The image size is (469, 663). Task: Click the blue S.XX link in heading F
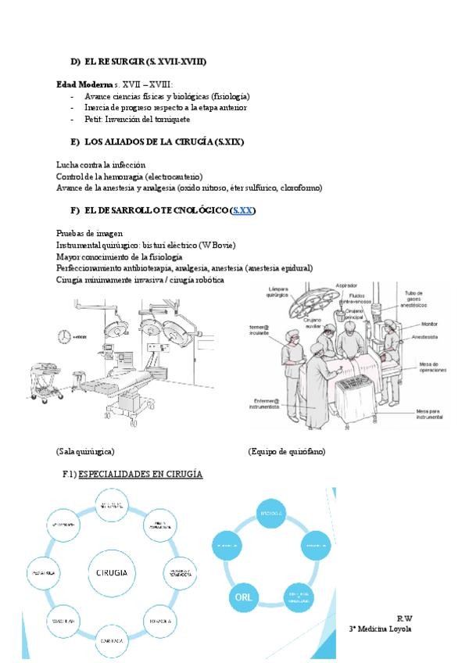(x=243, y=211)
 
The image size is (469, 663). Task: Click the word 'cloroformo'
(x=301, y=188)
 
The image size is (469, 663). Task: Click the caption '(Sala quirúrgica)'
(x=86, y=452)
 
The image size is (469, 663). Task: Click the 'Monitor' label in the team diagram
(x=430, y=322)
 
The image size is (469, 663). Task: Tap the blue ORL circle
(x=242, y=598)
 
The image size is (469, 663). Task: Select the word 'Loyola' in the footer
(x=398, y=629)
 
